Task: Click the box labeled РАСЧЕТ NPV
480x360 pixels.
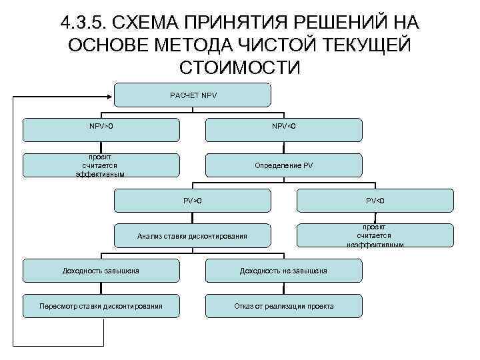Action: tap(193, 95)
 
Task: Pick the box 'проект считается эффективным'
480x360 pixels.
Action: tap(101, 165)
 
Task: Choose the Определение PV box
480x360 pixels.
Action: tap(284, 165)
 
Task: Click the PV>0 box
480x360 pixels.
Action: tap(193, 201)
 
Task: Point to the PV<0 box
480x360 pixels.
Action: tap(375, 201)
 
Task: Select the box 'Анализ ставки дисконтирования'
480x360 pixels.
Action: tap(193, 236)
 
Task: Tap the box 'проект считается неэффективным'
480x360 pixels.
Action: tap(375, 235)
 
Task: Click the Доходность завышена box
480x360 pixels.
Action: tap(101, 271)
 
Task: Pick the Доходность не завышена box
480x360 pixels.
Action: tap(284, 271)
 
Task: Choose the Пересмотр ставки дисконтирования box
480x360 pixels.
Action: tap(101, 306)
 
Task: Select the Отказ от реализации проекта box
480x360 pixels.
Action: tap(284, 306)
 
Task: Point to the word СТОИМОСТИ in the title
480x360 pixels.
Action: tap(240, 67)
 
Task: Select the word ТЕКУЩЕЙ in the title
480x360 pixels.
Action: tap(365, 45)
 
